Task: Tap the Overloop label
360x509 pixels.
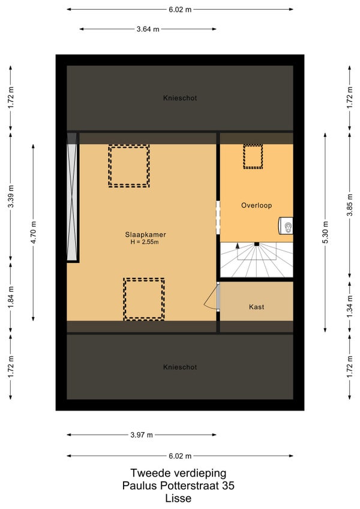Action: (x=256, y=205)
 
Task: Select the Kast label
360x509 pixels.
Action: (x=256, y=307)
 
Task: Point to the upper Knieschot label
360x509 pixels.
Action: (x=180, y=98)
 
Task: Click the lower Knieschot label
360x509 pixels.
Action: (x=180, y=367)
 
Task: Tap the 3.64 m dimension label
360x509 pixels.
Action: (x=148, y=29)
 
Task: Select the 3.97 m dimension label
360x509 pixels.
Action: (x=142, y=435)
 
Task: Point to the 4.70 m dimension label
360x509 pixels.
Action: (x=34, y=232)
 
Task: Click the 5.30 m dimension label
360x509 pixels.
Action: (x=326, y=232)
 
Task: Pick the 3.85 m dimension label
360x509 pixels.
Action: (x=350, y=205)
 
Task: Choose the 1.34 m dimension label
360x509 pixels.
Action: (x=350, y=307)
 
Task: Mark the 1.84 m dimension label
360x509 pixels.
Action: (x=11, y=297)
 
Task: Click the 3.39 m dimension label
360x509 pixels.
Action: (x=11, y=196)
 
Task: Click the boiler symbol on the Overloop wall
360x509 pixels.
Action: (x=286, y=225)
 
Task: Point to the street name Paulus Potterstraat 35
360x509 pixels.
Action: (x=178, y=486)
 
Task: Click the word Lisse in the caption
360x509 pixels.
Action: (x=178, y=498)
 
